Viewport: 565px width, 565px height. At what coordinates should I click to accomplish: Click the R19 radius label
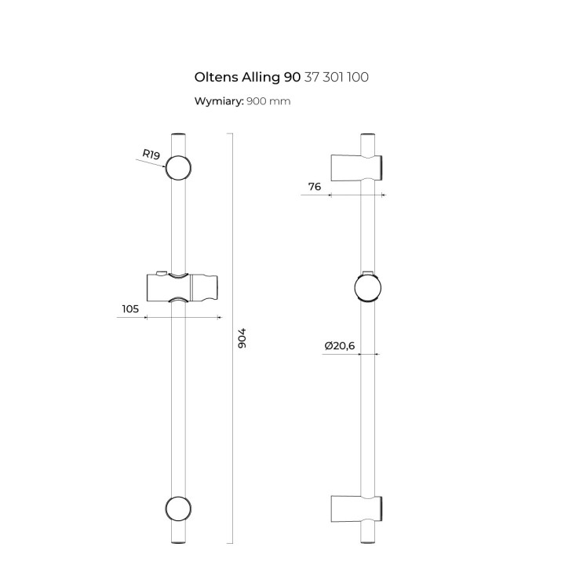pyautogui.click(x=151, y=155)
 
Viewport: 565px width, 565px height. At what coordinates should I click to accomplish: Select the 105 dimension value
pyautogui.click(x=129, y=308)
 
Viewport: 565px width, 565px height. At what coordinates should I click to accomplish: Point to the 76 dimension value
pyautogui.click(x=314, y=186)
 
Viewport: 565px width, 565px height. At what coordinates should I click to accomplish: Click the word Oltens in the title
pyautogui.click(x=215, y=77)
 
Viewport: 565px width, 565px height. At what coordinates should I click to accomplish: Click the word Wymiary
pyautogui.click(x=219, y=101)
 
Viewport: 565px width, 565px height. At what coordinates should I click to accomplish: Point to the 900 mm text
pyautogui.click(x=268, y=101)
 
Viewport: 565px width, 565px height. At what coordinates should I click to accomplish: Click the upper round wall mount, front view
pyautogui.click(x=179, y=168)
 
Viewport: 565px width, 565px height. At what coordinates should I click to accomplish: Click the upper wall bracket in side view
pyautogui.click(x=357, y=167)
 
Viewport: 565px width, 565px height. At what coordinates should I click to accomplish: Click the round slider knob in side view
pyautogui.click(x=367, y=287)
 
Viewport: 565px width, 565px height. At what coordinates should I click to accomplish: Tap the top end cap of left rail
pyautogui.click(x=179, y=137)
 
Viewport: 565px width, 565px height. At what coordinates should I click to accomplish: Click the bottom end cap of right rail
pyautogui.click(x=369, y=538)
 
